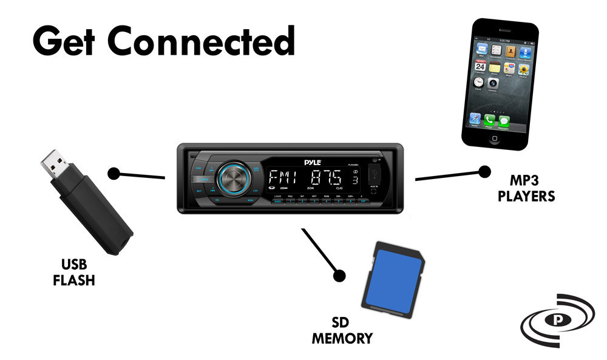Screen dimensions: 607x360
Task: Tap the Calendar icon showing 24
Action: pos(480,66)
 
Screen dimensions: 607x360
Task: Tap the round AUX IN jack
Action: pos(373,192)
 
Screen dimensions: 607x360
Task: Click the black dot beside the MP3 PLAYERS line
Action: pos(484,172)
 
